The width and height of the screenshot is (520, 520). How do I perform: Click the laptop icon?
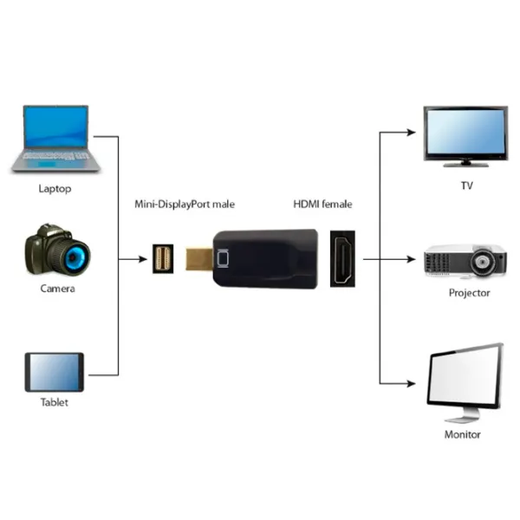pyautogui.click(x=54, y=139)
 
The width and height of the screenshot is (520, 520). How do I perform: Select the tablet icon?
pyautogui.click(x=54, y=373)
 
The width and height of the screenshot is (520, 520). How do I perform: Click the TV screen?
pyautogui.click(x=465, y=133)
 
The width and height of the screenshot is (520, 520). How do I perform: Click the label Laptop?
pyautogui.click(x=55, y=188)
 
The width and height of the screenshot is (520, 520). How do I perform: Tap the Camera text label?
pyautogui.click(x=57, y=289)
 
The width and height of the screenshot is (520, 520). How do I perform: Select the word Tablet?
pyautogui.click(x=54, y=402)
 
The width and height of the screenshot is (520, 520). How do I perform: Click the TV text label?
pyautogui.click(x=467, y=185)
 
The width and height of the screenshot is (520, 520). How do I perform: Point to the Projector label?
pyautogui.click(x=469, y=293)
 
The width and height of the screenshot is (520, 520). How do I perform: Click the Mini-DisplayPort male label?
pyautogui.click(x=184, y=205)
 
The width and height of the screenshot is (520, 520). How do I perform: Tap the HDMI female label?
pyautogui.click(x=322, y=205)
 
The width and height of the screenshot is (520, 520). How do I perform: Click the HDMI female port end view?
pyautogui.click(x=344, y=258)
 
